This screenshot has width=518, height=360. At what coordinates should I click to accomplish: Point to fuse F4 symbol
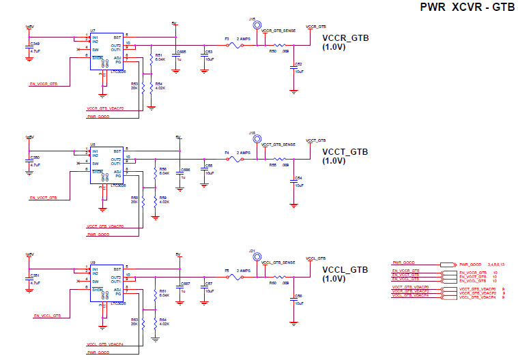[234, 160]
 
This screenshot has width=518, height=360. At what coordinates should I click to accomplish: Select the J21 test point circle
[257, 258]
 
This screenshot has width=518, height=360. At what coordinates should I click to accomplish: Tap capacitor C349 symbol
[29, 46]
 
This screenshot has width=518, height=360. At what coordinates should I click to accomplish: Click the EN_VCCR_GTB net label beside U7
[44, 84]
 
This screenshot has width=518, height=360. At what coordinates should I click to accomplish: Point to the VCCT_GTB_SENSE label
[278, 146]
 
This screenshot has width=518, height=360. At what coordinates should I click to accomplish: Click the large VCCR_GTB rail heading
[345, 38]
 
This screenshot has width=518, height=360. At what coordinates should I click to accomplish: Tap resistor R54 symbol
[151, 85]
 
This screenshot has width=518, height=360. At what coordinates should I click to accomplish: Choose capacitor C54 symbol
[293, 181]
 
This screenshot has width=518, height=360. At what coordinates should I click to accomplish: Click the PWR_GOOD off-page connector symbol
[448, 264]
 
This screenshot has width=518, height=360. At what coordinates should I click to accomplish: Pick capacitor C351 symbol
[29, 279]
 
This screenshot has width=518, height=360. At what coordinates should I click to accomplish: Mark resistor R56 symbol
[151, 171]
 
